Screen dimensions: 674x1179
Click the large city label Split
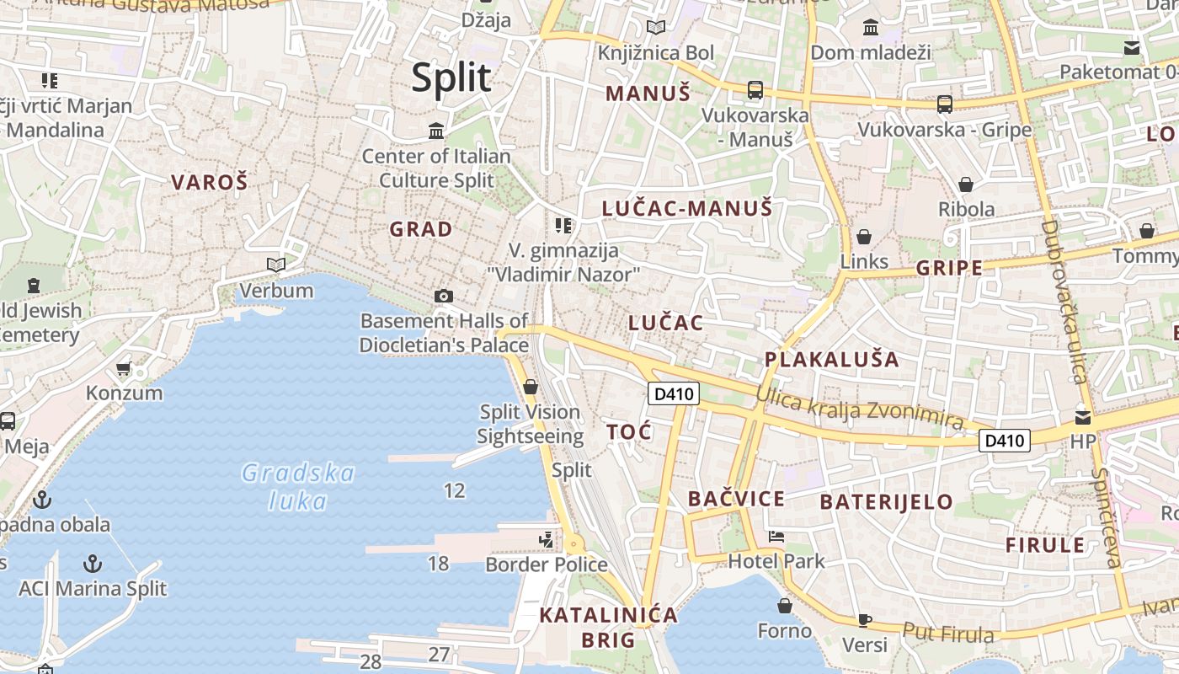pyautogui.click(x=451, y=78)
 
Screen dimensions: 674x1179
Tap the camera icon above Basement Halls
pyautogui.click(x=444, y=296)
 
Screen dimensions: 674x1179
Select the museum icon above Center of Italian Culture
pyautogui.click(x=436, y=131)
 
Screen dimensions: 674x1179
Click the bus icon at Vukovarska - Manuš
pyautogui.click(x=755, y=89)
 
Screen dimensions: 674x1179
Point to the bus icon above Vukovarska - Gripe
pyautogui.click(x=945, y=104)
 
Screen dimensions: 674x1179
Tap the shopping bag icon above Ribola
pyautogui.click(x=966, y=185)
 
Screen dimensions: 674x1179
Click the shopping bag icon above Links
pyautogui.click(x=863, y=237)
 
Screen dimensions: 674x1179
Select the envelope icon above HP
pyautogui.click(x=1083, y=416)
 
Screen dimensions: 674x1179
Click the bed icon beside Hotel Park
pyautogui.click(x=776, y=536)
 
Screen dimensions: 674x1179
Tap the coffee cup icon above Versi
pyautogui.click(x=864, y=620)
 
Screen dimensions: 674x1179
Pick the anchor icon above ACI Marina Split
pyautogui.click(x=93, y=563)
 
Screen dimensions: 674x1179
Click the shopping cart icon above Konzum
pyautogui.click(x=124, y=368)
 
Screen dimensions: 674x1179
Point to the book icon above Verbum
pyautogui.click(x=275, y=265)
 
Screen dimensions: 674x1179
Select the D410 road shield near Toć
pyautogui.click(x=674, y=393)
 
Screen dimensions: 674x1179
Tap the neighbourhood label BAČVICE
pyautogui.click(x=736, y=499)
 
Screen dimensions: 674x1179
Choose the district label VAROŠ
pyautogui.click(x=210, y=181)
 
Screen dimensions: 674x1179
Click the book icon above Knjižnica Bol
pyautogui.click(x=655, y=28)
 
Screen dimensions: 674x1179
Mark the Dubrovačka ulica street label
pyautogui.click(x=1063, y=301)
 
